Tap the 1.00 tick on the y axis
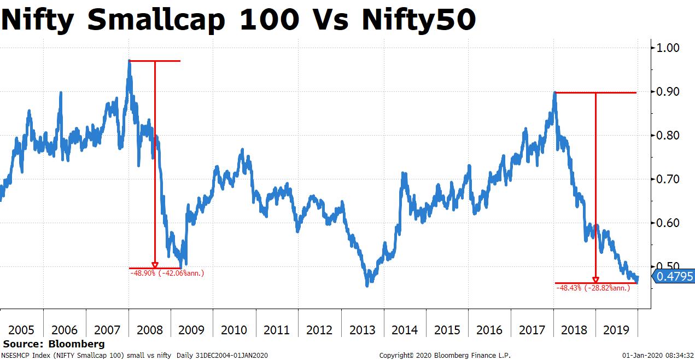667,48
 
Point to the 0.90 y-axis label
667,91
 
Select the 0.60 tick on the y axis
667,223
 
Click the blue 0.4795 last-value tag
674,276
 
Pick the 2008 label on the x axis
149,330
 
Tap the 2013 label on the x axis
362,330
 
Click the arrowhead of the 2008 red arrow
155,265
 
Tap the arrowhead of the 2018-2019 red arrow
595,280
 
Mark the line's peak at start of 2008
129,61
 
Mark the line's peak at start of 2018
554,93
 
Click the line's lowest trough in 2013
367,284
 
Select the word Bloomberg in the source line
77,344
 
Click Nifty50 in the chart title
418,20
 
